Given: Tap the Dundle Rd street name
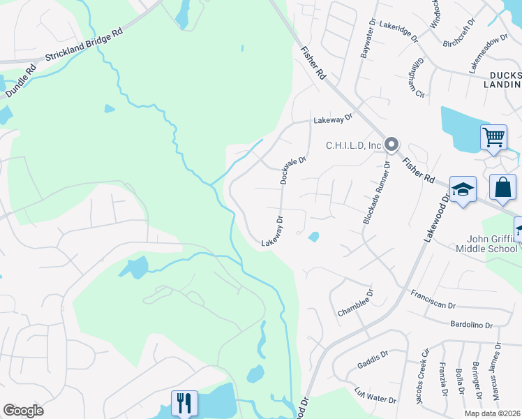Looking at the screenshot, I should (22, 81).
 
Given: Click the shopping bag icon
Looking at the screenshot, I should (502, 187).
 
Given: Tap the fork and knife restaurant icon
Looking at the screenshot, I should (184, 403).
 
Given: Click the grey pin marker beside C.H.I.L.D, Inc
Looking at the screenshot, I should (391, 145).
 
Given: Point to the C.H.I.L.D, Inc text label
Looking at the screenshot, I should (354, 145).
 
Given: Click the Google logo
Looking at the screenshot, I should (23, 411).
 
